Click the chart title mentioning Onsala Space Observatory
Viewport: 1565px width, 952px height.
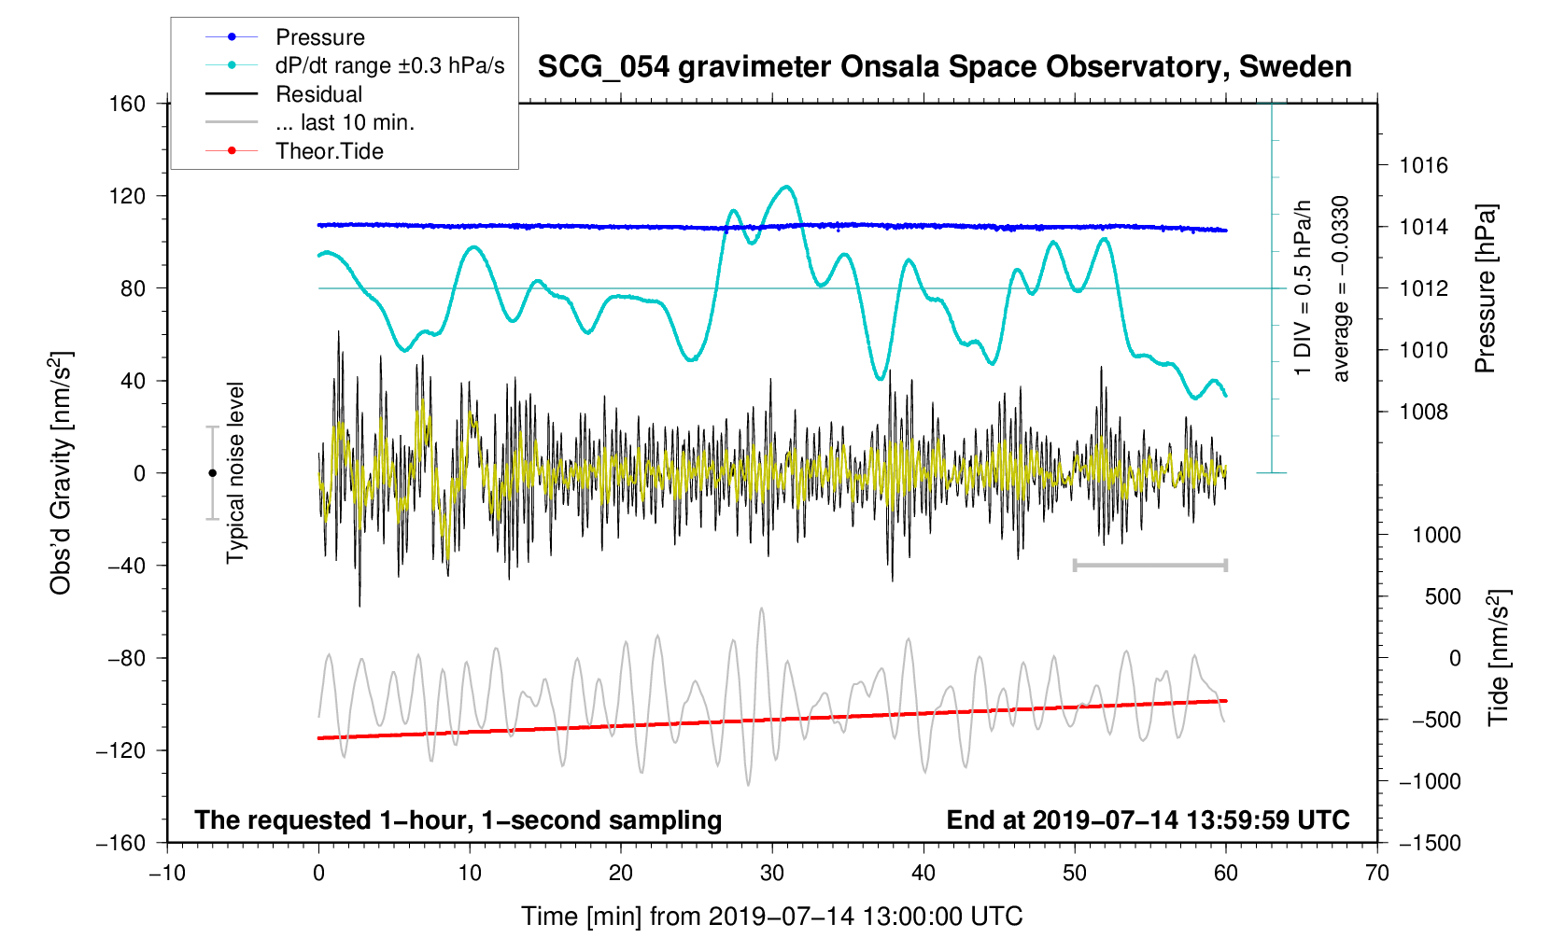point(944,67)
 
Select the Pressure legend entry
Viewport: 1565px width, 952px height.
point(319,37)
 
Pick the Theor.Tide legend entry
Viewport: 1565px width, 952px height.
point(329,151)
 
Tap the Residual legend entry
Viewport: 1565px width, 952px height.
point(318,94)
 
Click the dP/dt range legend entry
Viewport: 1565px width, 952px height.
point(389,65)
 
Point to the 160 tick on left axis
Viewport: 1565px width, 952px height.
point(127,104)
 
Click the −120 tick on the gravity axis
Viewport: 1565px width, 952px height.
point(121,750)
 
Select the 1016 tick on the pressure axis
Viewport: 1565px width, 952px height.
point(1423,166)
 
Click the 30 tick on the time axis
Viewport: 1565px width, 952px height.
point(772,874)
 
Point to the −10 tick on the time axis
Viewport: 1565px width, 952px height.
point(167,874)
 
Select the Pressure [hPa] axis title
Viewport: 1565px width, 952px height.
point(1485,288)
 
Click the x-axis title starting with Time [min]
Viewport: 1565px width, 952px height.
point(771,917)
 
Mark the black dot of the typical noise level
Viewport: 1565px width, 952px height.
point(213,473)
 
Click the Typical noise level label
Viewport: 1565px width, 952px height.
point(235,473)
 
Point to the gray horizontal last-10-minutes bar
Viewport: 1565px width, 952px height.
point(1149,566)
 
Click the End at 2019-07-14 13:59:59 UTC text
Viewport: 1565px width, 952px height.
point(1148,820)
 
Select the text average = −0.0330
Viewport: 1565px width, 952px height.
point(1341,288)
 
